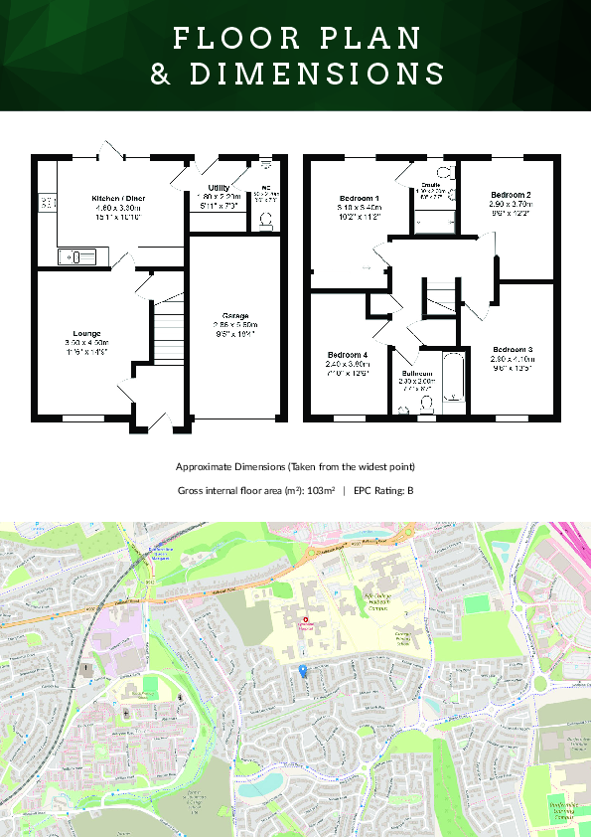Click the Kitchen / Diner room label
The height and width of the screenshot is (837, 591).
(x=118, y=199)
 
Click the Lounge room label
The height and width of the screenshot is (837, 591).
(x=86, y=334)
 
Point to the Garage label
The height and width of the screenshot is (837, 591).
(x=235, y=315)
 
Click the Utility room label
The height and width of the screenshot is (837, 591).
(x=219, y=188)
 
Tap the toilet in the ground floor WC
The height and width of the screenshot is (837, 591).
(x=265, y=224)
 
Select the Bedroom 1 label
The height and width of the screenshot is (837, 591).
(x=360, y=199)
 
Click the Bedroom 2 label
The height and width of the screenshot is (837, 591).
(x=510, y=195)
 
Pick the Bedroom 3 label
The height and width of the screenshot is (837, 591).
(x=513, y=349)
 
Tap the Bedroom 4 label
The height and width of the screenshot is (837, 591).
(x=348, y=355)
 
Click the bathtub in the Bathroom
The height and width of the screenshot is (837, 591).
(x=454, y=379)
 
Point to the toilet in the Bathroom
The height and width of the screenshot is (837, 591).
(x=427, y=403)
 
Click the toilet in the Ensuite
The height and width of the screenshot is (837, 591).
(x=444, y=172)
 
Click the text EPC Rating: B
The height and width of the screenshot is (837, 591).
(x=383, y=490)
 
